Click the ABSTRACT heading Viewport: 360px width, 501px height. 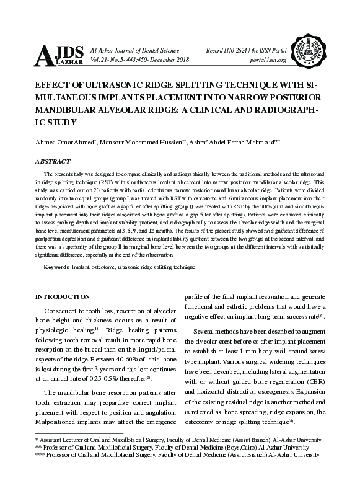click(53, 161)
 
